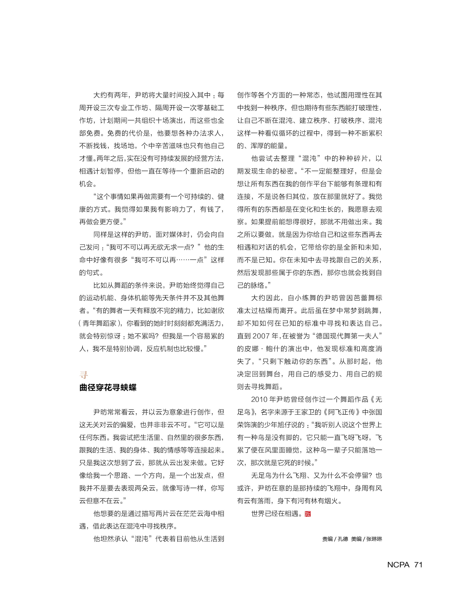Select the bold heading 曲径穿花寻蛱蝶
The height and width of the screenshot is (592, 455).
(108, 387)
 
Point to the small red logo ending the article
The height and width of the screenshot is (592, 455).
(308, 514)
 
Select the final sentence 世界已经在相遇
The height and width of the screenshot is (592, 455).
(277, 514)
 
